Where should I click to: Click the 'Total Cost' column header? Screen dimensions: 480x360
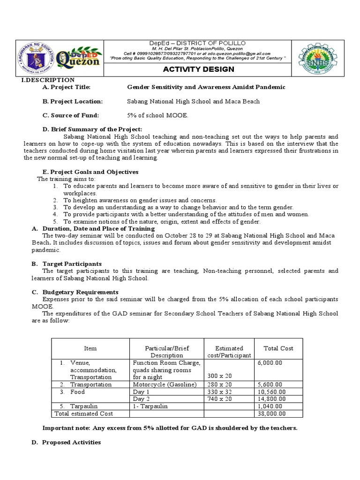point(278,348)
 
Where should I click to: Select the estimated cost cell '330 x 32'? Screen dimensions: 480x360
point(220,392)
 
